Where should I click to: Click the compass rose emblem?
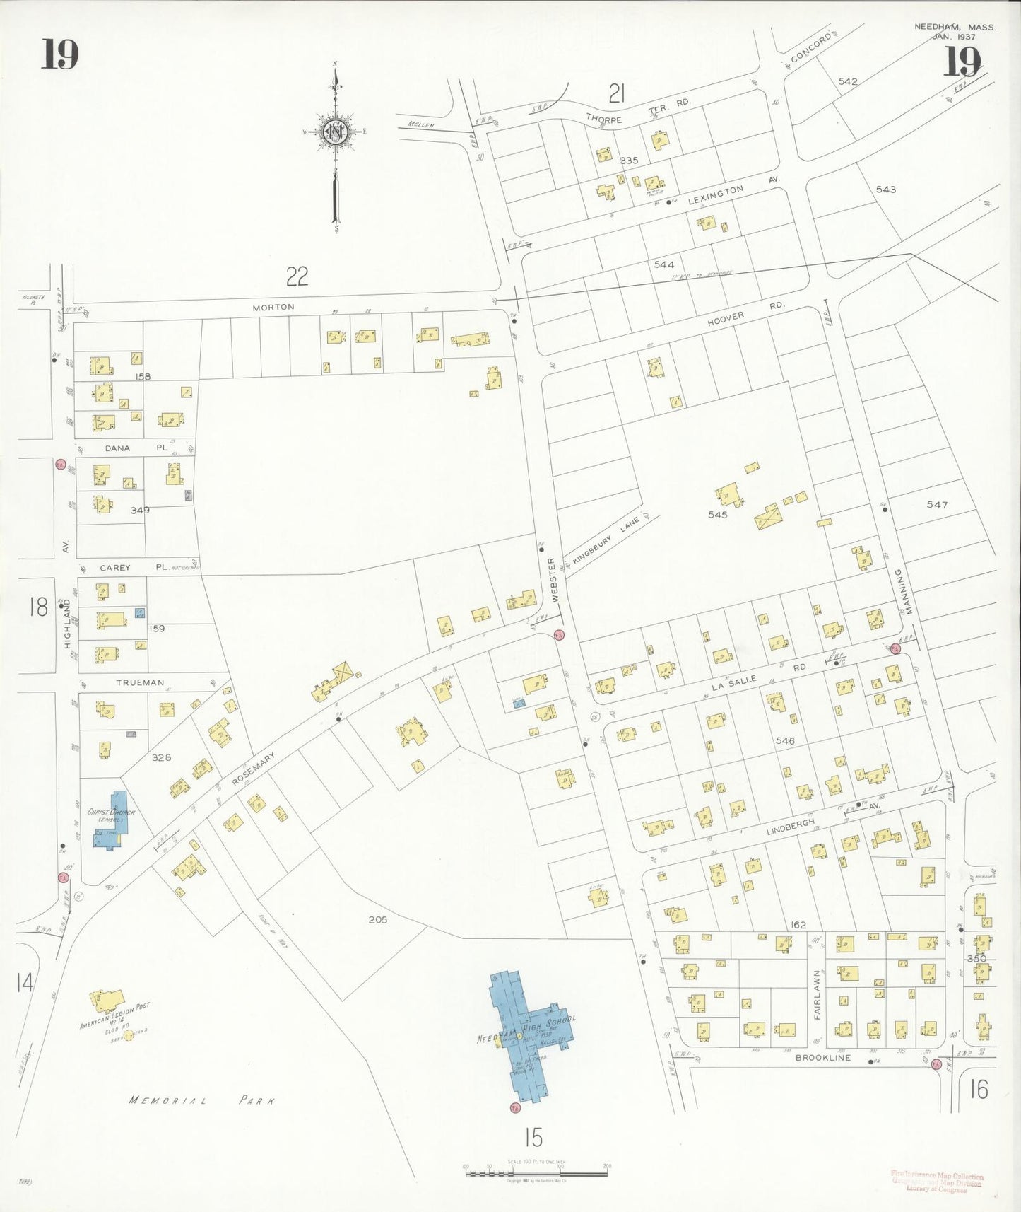335,132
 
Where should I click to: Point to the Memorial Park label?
202,1100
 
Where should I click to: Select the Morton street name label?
273,307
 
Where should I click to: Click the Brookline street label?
823,1058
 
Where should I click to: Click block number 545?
717,515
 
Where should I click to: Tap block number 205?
377,920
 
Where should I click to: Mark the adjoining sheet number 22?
297,276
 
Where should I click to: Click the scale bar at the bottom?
536,1173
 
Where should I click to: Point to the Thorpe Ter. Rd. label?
637,112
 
